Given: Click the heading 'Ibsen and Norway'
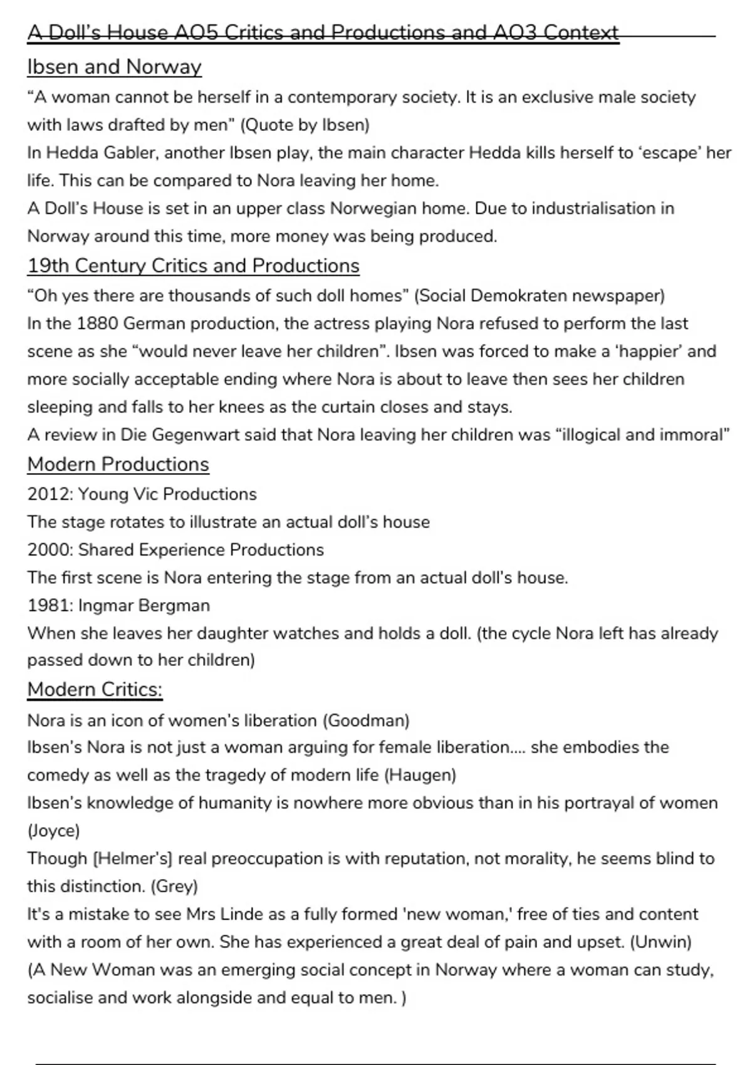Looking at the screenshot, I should (114, 67).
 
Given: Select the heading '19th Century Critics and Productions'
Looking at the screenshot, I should (193, 266).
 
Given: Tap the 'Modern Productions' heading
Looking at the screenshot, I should (118, 464).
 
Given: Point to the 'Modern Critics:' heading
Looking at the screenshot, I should (95, 689).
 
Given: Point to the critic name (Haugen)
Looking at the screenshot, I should (420, 776).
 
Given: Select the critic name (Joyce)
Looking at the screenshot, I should (53, 831).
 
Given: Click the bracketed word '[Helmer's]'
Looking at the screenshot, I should (132, 859).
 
